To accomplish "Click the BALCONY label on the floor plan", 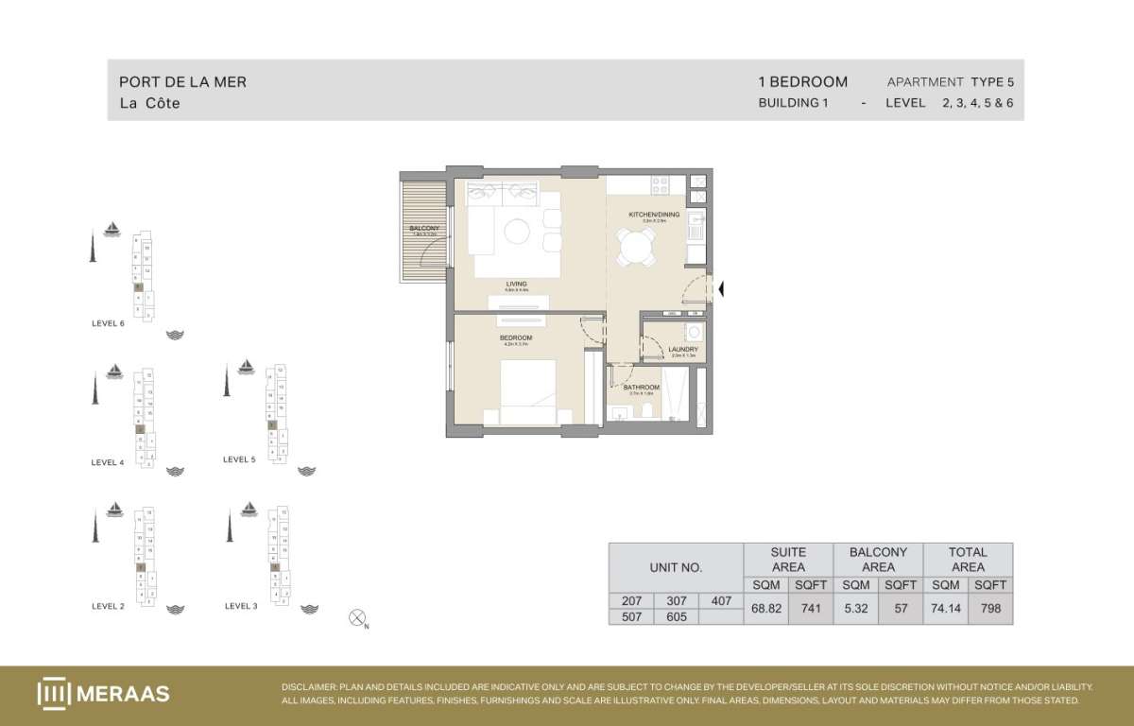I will coord(424,229).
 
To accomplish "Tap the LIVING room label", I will coord(516,284).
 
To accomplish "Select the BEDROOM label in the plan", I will coord(516,337).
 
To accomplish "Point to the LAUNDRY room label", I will coord(682,350).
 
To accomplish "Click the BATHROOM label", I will coord(642,387).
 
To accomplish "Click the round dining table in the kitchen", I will coord(637,250).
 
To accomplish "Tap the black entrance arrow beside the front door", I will coord(721,289).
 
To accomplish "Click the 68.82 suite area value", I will coord(765,608).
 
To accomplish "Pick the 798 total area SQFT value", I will coord(989,608).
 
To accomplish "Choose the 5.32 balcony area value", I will coord(856,608).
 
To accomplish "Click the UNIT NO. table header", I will coord(676,568).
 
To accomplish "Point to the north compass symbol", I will coord(357,618).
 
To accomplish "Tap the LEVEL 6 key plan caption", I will coord(107,323).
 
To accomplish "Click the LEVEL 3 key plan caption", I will coord(240,606).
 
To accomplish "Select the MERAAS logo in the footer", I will coord(103,693).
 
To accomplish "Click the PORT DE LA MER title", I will coord(182,82).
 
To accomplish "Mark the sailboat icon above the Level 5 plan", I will coord(247,366).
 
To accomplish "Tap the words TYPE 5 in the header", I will coord(991,82).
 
